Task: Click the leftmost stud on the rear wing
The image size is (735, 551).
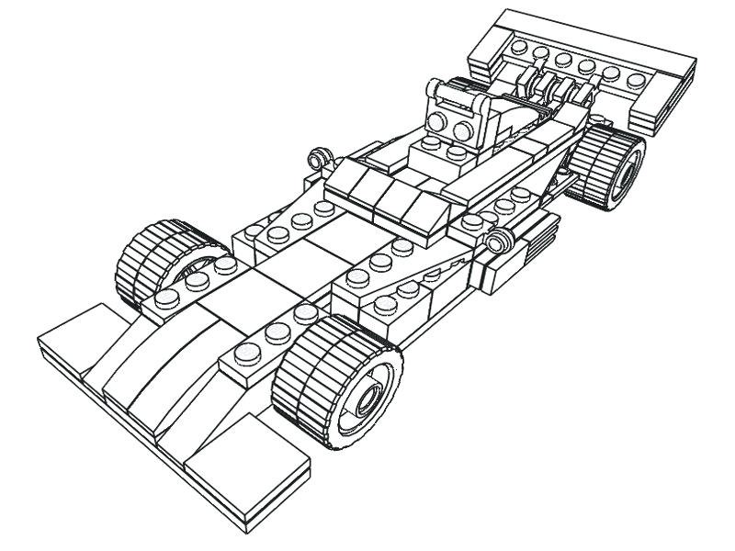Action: (520, 47)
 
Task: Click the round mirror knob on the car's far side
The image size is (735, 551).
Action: (321, 157)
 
